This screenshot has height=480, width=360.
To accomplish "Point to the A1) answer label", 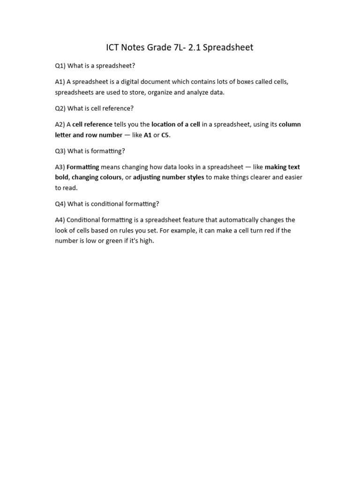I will pyautogui.click(x=60, y=82).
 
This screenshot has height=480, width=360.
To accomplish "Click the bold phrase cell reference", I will pyautogui.click(x=92, y=124).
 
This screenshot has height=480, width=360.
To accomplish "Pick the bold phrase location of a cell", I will pyautogui.click(x=176, y=124).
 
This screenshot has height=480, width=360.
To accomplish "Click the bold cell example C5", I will pyautogui.click(x=165, y=135).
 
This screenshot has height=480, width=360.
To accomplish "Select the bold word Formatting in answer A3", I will pyautogui.click(x=83, y=167).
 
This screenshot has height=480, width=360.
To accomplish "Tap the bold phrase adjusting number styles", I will pyautogui.click(x=169, y=178).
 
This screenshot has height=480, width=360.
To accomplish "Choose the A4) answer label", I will pyautogui.click(x=60, y=220).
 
